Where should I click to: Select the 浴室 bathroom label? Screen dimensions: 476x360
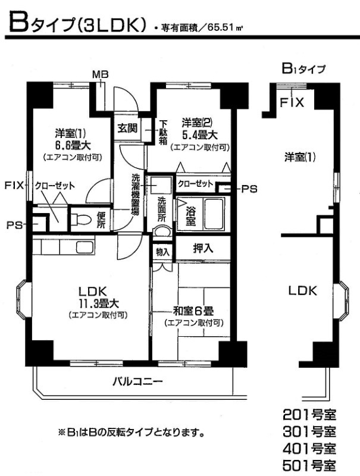[190, 215]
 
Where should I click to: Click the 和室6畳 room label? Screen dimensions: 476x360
[193, 310]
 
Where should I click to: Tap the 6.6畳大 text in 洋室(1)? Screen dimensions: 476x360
[68, 144]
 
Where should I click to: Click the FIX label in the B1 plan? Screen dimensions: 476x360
[292, 103]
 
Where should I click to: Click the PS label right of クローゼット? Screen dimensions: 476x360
[249, 189]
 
